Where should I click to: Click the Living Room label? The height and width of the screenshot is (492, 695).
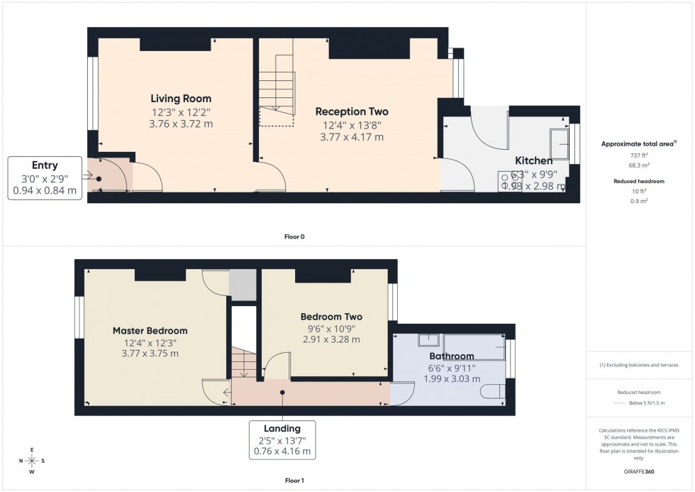pyautogui.click(x=181, y=99)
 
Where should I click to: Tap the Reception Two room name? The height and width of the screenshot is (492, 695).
pyautogui.click(x=352, y=111)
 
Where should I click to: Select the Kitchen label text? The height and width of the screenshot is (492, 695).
pyautogui.click(x=533, y=161)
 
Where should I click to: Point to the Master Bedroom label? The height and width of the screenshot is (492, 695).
pyautogui.click(x=150, y=331)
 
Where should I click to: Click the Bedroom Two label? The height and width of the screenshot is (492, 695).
pyautogui.click(x=331, y=317)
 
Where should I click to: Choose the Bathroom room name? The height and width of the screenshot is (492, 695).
pyautogui.click(x=451, y=356)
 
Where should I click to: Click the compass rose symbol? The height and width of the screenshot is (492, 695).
pyautogui.click(x=32, y=461)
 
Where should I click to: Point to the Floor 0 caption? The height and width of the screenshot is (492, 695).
pyautogui.click(x=294, y=236)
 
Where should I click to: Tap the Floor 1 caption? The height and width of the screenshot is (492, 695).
pyautogui.click(x=294, y=481)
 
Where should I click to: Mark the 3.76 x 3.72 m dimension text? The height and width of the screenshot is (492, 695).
pyautogui.click(x=181, y=124)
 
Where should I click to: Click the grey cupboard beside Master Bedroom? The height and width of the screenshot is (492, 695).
pyautogui.click(x=242, y=285)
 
